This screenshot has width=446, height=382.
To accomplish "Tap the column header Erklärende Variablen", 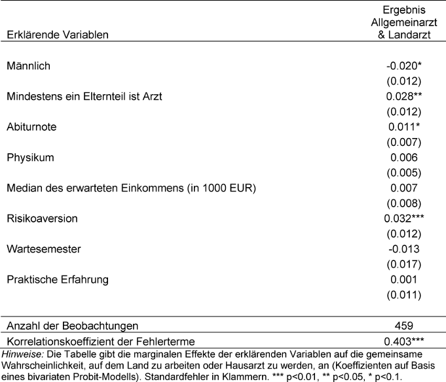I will point(57,33).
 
